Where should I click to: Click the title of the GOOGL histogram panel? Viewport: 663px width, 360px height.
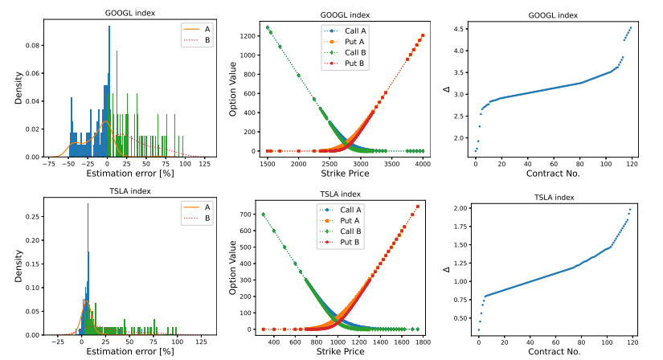pyautogui.click(x=109, y=13)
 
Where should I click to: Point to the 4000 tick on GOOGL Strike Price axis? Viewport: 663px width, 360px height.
pyautogui.click(x=422, y=164)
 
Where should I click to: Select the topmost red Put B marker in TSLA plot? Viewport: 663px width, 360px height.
pyautogui.click(x=418, y=207)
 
